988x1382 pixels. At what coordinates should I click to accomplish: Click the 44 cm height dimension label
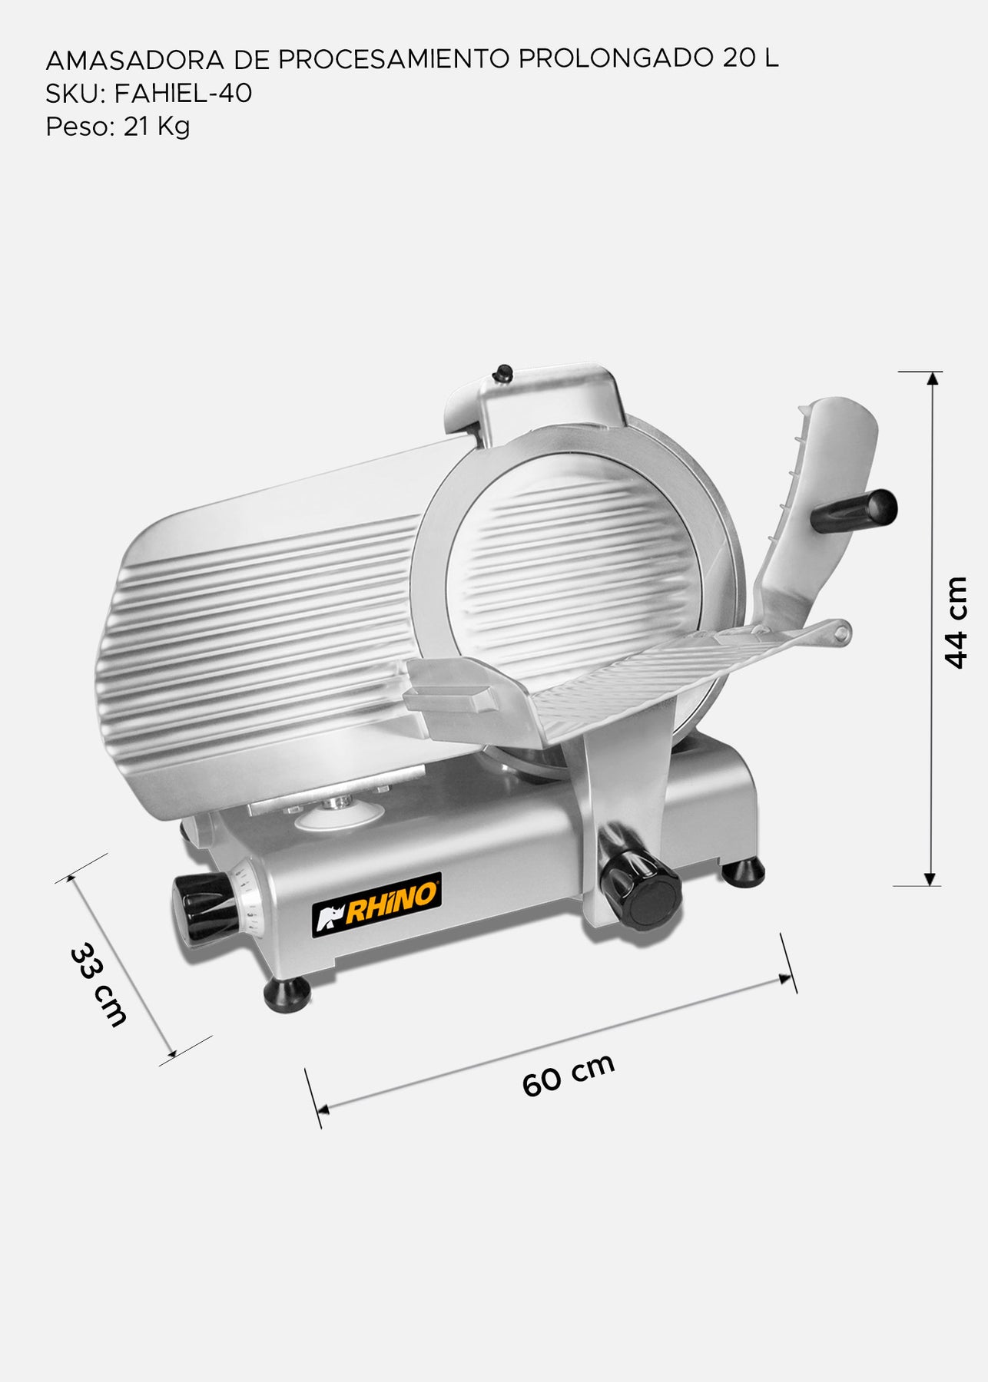(x=956, y=623)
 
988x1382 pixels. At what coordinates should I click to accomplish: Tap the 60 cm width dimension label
(x=569, y=1075)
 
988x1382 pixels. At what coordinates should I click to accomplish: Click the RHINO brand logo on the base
(x=376, y=904)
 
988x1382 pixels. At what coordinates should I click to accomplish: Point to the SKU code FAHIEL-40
(x=183, y=93)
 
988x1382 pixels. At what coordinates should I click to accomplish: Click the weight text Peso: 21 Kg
(x=118, y=126)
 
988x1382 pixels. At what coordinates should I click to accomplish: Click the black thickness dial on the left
(x=204, y=908)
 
